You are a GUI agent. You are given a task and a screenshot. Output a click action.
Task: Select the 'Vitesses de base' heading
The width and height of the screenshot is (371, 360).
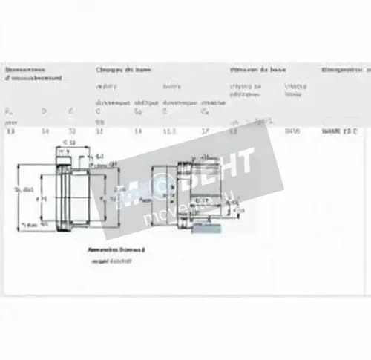point(257,69)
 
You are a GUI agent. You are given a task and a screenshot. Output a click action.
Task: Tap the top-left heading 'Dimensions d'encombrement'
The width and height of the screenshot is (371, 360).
point(33,73)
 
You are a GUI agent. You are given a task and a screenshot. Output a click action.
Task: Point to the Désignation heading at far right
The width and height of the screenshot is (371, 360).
point(346,69)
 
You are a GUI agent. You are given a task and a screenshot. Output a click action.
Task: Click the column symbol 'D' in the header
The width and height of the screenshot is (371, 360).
point(44,111)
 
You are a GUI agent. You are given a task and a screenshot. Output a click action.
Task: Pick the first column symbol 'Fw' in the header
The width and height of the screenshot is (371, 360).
point(10,111)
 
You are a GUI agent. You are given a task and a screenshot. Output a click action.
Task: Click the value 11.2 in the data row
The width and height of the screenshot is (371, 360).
point(169,131)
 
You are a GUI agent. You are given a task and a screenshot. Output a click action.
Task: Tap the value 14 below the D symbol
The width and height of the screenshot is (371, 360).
point(45,131)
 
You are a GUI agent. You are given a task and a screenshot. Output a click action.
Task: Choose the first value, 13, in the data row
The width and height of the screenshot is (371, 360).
point(10,131)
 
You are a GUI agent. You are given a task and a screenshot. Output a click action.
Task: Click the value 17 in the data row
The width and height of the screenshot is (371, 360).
point(205,131)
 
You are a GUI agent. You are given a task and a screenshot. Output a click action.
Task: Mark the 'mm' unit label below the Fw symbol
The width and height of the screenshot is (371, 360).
point(10,120)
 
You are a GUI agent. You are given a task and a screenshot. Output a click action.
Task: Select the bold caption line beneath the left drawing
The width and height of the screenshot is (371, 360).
point(117,250)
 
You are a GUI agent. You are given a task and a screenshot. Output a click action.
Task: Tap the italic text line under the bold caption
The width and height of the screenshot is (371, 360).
point(111,261)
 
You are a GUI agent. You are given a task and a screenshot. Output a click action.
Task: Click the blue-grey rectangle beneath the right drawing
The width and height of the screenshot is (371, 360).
point(206,228)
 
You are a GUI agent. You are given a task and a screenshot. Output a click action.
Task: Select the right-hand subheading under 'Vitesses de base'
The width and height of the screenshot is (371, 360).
point(294,90)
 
